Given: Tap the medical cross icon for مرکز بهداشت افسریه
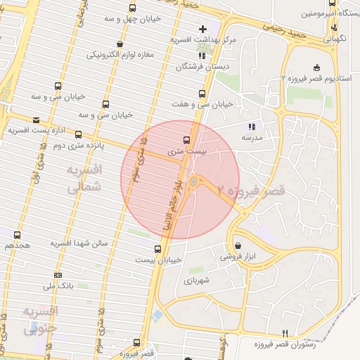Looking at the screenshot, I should [x=203, y=30].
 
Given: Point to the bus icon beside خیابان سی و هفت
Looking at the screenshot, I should [x=202, y=93].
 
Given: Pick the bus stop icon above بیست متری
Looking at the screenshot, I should [x=186, y=139].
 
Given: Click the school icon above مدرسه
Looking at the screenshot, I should [x=252, y=127].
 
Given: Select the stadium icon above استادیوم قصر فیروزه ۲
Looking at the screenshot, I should [x=316, y=67].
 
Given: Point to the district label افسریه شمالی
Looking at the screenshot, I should [x=84, y=179].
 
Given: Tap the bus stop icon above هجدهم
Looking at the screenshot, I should [x=17, y=236].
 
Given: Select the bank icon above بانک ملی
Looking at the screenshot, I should [x=58, y=275].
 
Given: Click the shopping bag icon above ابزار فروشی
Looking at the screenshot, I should [x=240, y=246].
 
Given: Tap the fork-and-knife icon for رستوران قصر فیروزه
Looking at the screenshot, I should [x=285, y=333].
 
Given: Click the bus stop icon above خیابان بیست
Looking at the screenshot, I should [x=157, y=248].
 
